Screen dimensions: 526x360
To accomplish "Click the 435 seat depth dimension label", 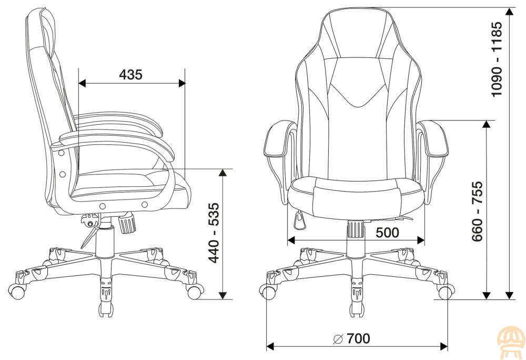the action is click(131, 74).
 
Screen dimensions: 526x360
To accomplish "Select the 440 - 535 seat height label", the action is click(214, 233).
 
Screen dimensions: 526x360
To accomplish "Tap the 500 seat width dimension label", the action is click(388, 232).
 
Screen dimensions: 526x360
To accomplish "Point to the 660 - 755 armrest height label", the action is click(477, 211).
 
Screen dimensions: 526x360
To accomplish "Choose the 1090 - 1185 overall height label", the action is click(497, 59).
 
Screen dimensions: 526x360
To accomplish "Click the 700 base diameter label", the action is click(358, 338).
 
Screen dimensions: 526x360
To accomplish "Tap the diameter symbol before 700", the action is click(338, 339).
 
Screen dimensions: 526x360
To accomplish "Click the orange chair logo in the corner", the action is click(511, 342).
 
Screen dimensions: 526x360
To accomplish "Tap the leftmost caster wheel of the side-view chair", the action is click(16, 291).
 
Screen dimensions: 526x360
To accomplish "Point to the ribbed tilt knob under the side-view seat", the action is click(127, 224).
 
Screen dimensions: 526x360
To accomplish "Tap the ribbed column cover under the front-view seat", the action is click(356, 229).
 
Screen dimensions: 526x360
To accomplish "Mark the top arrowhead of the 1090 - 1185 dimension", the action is click(510, 12).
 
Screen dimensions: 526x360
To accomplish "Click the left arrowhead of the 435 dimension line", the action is click(82, 83).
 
